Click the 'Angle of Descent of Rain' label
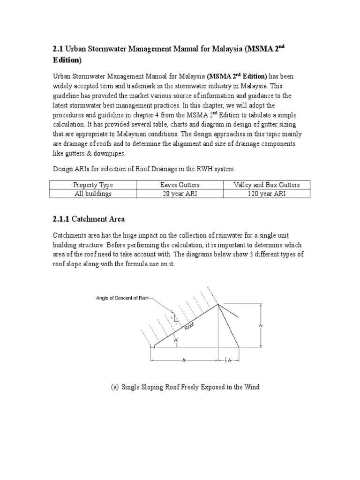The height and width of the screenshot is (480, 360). [x=122, y=298]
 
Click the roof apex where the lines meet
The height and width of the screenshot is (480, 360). [x=218, y=304]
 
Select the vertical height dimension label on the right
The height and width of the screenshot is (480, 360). [x=261, y=325]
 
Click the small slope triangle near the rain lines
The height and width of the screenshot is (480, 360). [x=176, y=318]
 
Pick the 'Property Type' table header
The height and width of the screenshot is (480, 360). [x=93, y=185]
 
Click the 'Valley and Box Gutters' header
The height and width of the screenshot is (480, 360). [x=266, y=185]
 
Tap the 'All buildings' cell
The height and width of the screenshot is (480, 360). [x=93, y=194]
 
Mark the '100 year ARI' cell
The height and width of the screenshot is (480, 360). [x=266, y=194]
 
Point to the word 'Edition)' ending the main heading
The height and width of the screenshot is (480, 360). [x=67, y=60]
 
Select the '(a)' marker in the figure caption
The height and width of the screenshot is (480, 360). [x=115, y=387]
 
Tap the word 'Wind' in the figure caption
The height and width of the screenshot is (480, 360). [x=251, y=387]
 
